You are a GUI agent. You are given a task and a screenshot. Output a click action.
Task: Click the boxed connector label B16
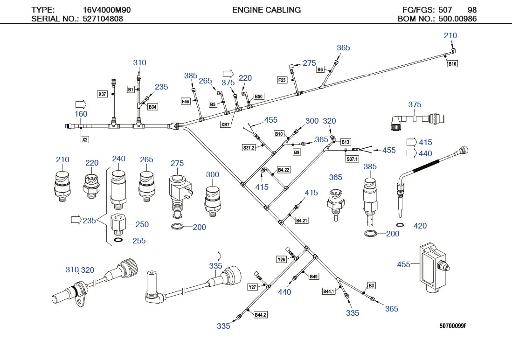pyautogui.click(x=452, y=64)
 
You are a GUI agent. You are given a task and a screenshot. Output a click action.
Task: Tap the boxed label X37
pyautogui.click(x=102, y=94)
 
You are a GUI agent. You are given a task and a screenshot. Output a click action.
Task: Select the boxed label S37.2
pyautogui.click(x=249, y=148)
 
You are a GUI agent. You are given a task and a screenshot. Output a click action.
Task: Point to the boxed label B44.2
pyautogui.click(x=260, y=315)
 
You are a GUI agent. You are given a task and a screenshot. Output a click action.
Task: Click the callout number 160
pyautogui.click(x=81, y=114)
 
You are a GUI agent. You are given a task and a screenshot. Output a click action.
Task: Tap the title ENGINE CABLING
pyautogui.click(x=266, y=10)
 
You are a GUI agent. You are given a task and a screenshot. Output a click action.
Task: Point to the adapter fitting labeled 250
pyautogui.click(x=118, y=225)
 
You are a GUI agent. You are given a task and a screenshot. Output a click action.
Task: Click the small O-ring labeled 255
pyautogui.click(x=118, y=240)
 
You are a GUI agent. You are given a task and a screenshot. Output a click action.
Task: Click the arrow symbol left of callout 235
pyautogui.click(x=76, y=220)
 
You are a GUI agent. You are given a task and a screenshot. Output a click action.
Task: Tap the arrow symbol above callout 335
pyautogui.click(x=215, y=256)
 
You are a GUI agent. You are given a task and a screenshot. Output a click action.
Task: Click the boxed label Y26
pyautogui.click(x=281, y=259)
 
